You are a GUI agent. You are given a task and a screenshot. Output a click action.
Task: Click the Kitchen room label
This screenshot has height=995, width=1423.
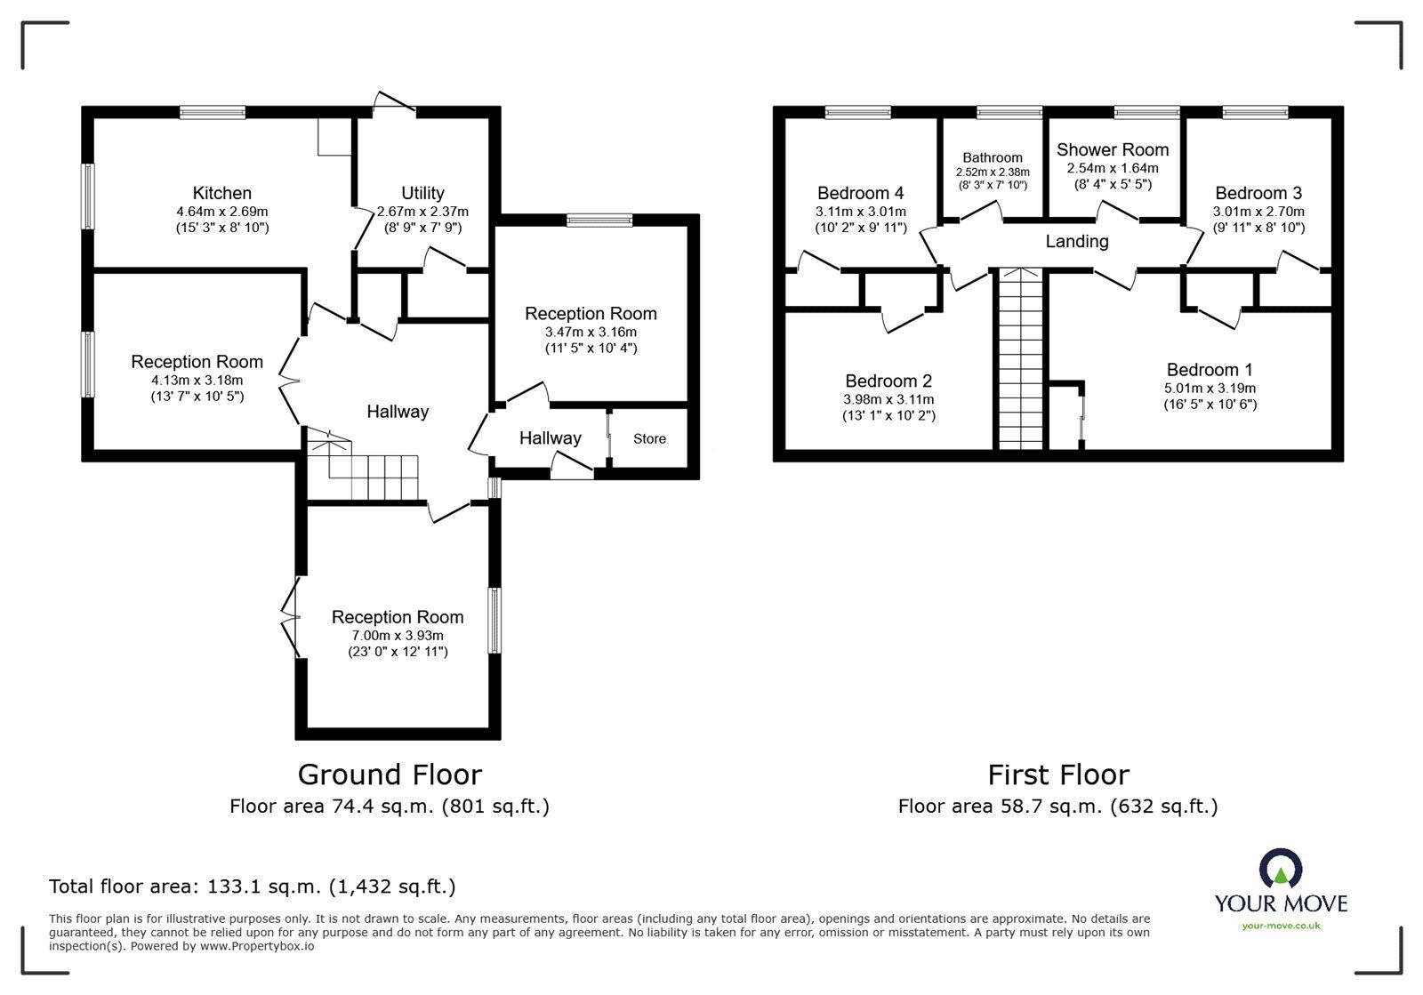[x=222, y=193]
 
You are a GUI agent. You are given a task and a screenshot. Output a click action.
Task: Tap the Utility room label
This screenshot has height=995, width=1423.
[x=422, y=193]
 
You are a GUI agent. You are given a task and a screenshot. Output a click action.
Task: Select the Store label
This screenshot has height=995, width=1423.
[x=649, y=438]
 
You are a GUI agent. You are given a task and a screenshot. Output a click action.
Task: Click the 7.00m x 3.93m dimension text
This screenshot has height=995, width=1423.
[x=398, y=635]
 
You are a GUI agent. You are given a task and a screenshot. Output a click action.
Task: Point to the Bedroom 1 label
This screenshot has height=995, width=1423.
[x=1210, y=369]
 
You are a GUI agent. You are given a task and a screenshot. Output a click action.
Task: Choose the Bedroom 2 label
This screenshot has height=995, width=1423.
[x=888, y=381]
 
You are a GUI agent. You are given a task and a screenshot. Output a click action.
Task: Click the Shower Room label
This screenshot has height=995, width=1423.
[x=1112, y=149]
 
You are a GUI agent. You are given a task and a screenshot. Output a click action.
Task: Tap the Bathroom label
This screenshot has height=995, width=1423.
[x=993, y=157]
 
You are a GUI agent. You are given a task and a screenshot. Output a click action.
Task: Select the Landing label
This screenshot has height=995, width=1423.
[x=1076, y=241]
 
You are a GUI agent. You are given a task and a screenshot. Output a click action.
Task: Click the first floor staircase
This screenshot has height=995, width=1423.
[x=1019, y=360]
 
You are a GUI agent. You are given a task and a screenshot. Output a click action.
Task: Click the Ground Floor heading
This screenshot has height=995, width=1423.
[x=390, y=774]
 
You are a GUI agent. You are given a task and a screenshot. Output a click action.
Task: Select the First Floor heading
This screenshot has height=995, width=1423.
[x=1058, y=774]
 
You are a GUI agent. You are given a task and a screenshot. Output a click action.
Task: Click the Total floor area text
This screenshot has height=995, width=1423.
[x=253, y=887]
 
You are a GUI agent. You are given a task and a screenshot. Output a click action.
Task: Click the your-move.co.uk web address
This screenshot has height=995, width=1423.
[x=1281, y=926]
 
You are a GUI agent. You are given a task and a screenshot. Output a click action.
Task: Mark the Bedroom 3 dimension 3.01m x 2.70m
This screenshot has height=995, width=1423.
[x=1258, y=212]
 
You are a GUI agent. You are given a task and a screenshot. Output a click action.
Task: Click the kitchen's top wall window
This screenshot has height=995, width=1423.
[x=212, y=112]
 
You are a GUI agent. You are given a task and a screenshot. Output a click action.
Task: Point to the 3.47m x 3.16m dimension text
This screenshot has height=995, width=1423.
[x=591, y=332]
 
